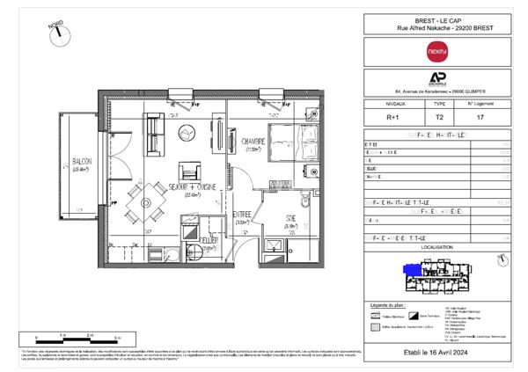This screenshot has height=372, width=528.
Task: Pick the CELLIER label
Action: pos(208,240)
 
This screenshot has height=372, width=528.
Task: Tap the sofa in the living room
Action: pos(155,135)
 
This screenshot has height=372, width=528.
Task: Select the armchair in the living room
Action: pos(189,170)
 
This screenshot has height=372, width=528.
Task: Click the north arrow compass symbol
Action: pos(60,33)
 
